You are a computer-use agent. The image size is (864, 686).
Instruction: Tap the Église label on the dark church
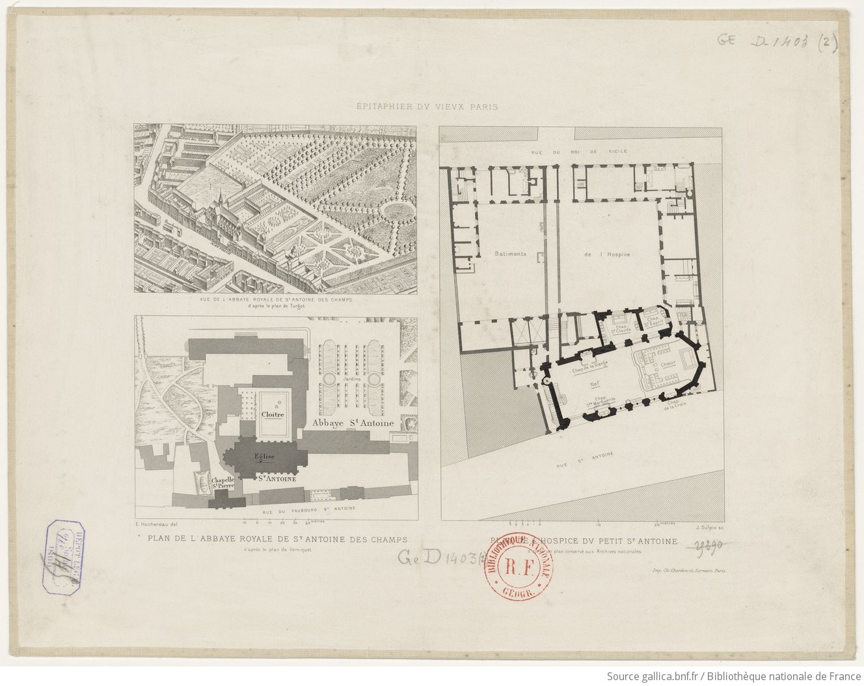pyautogui.click(x=265, y=456)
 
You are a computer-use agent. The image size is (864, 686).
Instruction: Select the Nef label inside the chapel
pyautogui.click(x=594, y=383)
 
